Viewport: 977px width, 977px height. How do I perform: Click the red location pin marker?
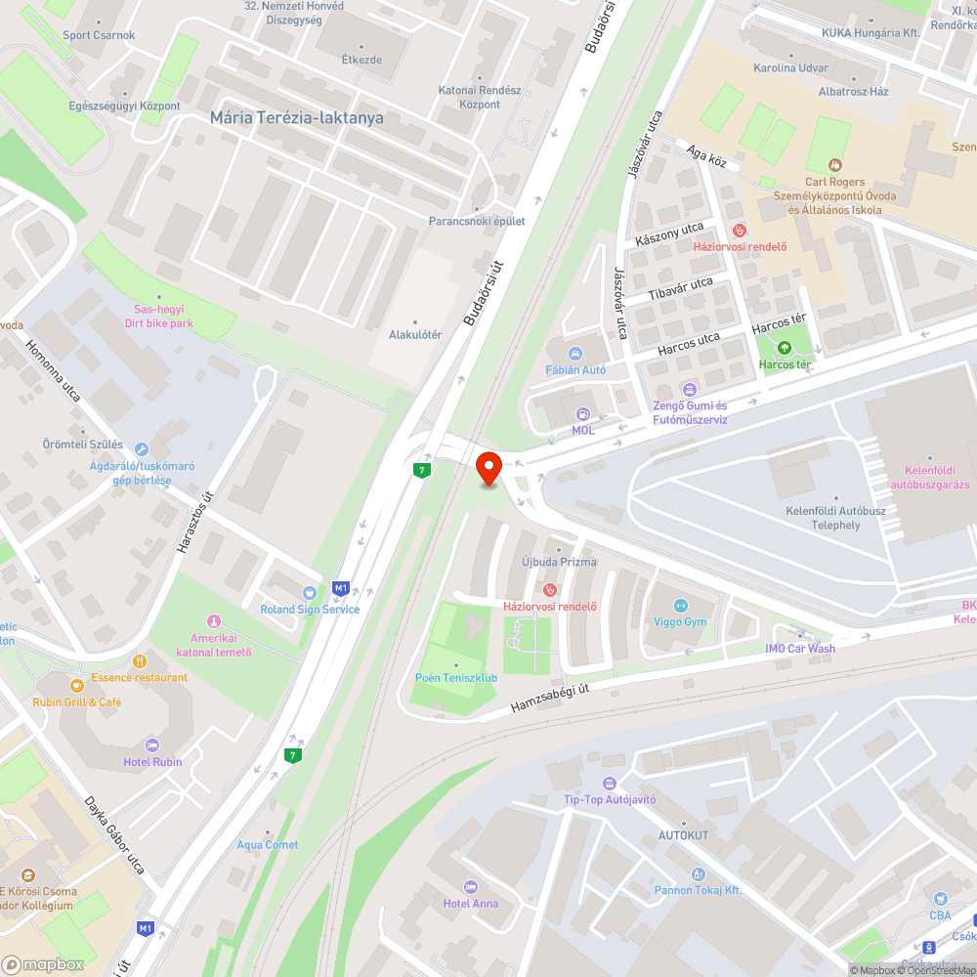coord(488,467)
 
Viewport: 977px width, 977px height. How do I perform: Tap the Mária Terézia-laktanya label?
coord(297,117)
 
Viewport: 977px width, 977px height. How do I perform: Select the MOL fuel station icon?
coord(583,414)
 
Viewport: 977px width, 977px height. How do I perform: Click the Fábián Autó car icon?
coord(575,354)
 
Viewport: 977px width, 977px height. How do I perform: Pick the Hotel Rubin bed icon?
coord(151,745)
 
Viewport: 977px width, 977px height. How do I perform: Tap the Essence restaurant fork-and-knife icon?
coord(139,661)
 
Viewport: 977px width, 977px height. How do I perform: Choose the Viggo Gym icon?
coord(681,606)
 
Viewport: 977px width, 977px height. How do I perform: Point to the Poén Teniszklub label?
coord(456,677)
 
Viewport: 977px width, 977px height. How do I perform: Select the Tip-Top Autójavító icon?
coord(610,784)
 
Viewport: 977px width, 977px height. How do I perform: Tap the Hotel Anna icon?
coord(471,887)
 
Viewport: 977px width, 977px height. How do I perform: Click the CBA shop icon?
coord(940,899)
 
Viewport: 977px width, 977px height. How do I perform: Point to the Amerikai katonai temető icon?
coord(214,621)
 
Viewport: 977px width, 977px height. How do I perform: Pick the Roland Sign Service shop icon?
coord(310,592)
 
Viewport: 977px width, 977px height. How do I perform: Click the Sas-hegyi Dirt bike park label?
coord(158,317)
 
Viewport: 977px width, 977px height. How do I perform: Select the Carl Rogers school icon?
coord(835,165)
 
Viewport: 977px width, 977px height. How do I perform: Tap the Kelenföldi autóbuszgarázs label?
coord(929,477)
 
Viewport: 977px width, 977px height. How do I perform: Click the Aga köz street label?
coord(706,155)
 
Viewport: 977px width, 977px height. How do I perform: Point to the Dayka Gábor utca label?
coord(114,835)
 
